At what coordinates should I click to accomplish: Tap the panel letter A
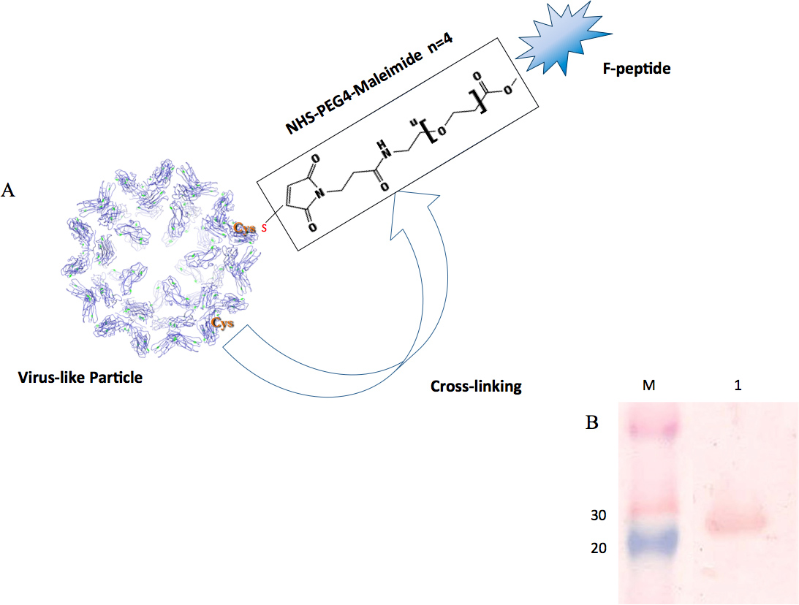(x=10, y=191)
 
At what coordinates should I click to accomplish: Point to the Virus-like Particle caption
(x=80, y=378)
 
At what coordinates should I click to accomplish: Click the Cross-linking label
(x=475, y=387)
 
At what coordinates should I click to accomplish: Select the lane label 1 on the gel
(x=738, y=384)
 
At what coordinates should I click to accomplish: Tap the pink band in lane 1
(x=735, y=522)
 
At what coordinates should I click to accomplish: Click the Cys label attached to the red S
(x=244, y=228)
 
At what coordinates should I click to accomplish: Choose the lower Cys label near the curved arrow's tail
(x=223, y=321)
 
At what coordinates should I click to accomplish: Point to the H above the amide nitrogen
(x=379, y=145)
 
